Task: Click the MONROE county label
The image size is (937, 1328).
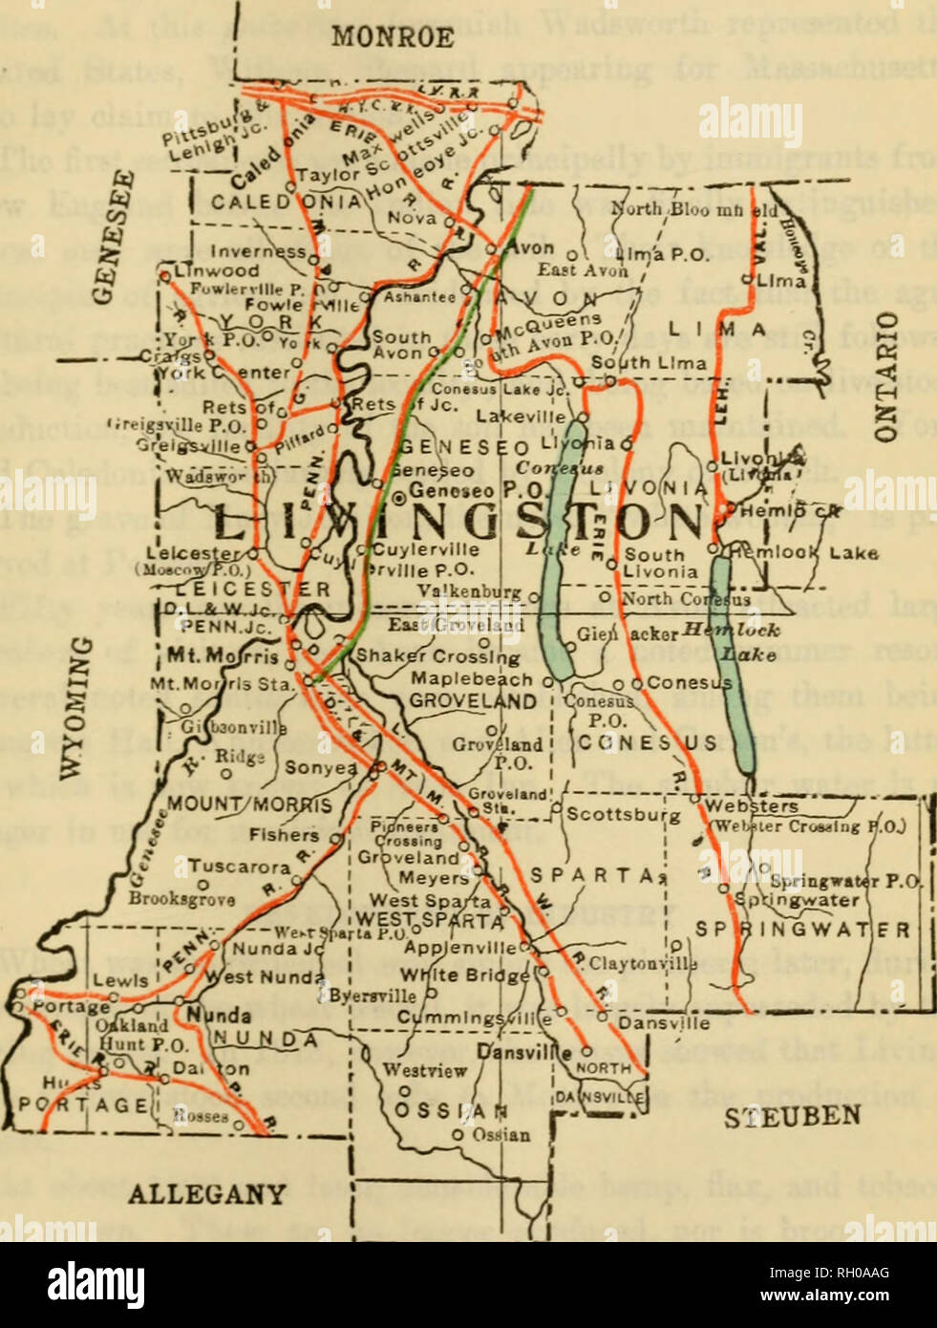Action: [x=392, y=36]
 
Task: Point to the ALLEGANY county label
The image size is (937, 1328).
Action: [x=206, y=1193]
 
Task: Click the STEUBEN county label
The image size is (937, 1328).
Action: [x=791, y=1116]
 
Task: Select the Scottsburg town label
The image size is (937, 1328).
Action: [x=623, y=815]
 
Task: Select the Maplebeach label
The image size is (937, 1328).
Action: [x=472, y=679]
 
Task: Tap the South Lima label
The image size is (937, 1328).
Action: [x=649, y=362]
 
